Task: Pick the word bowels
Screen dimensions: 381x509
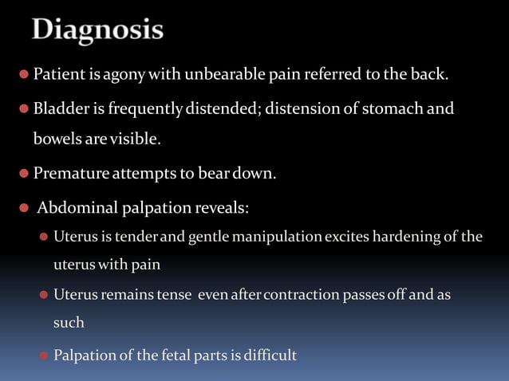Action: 54,139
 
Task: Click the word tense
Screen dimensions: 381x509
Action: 174,295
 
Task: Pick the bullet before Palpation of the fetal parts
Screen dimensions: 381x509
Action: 44,355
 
